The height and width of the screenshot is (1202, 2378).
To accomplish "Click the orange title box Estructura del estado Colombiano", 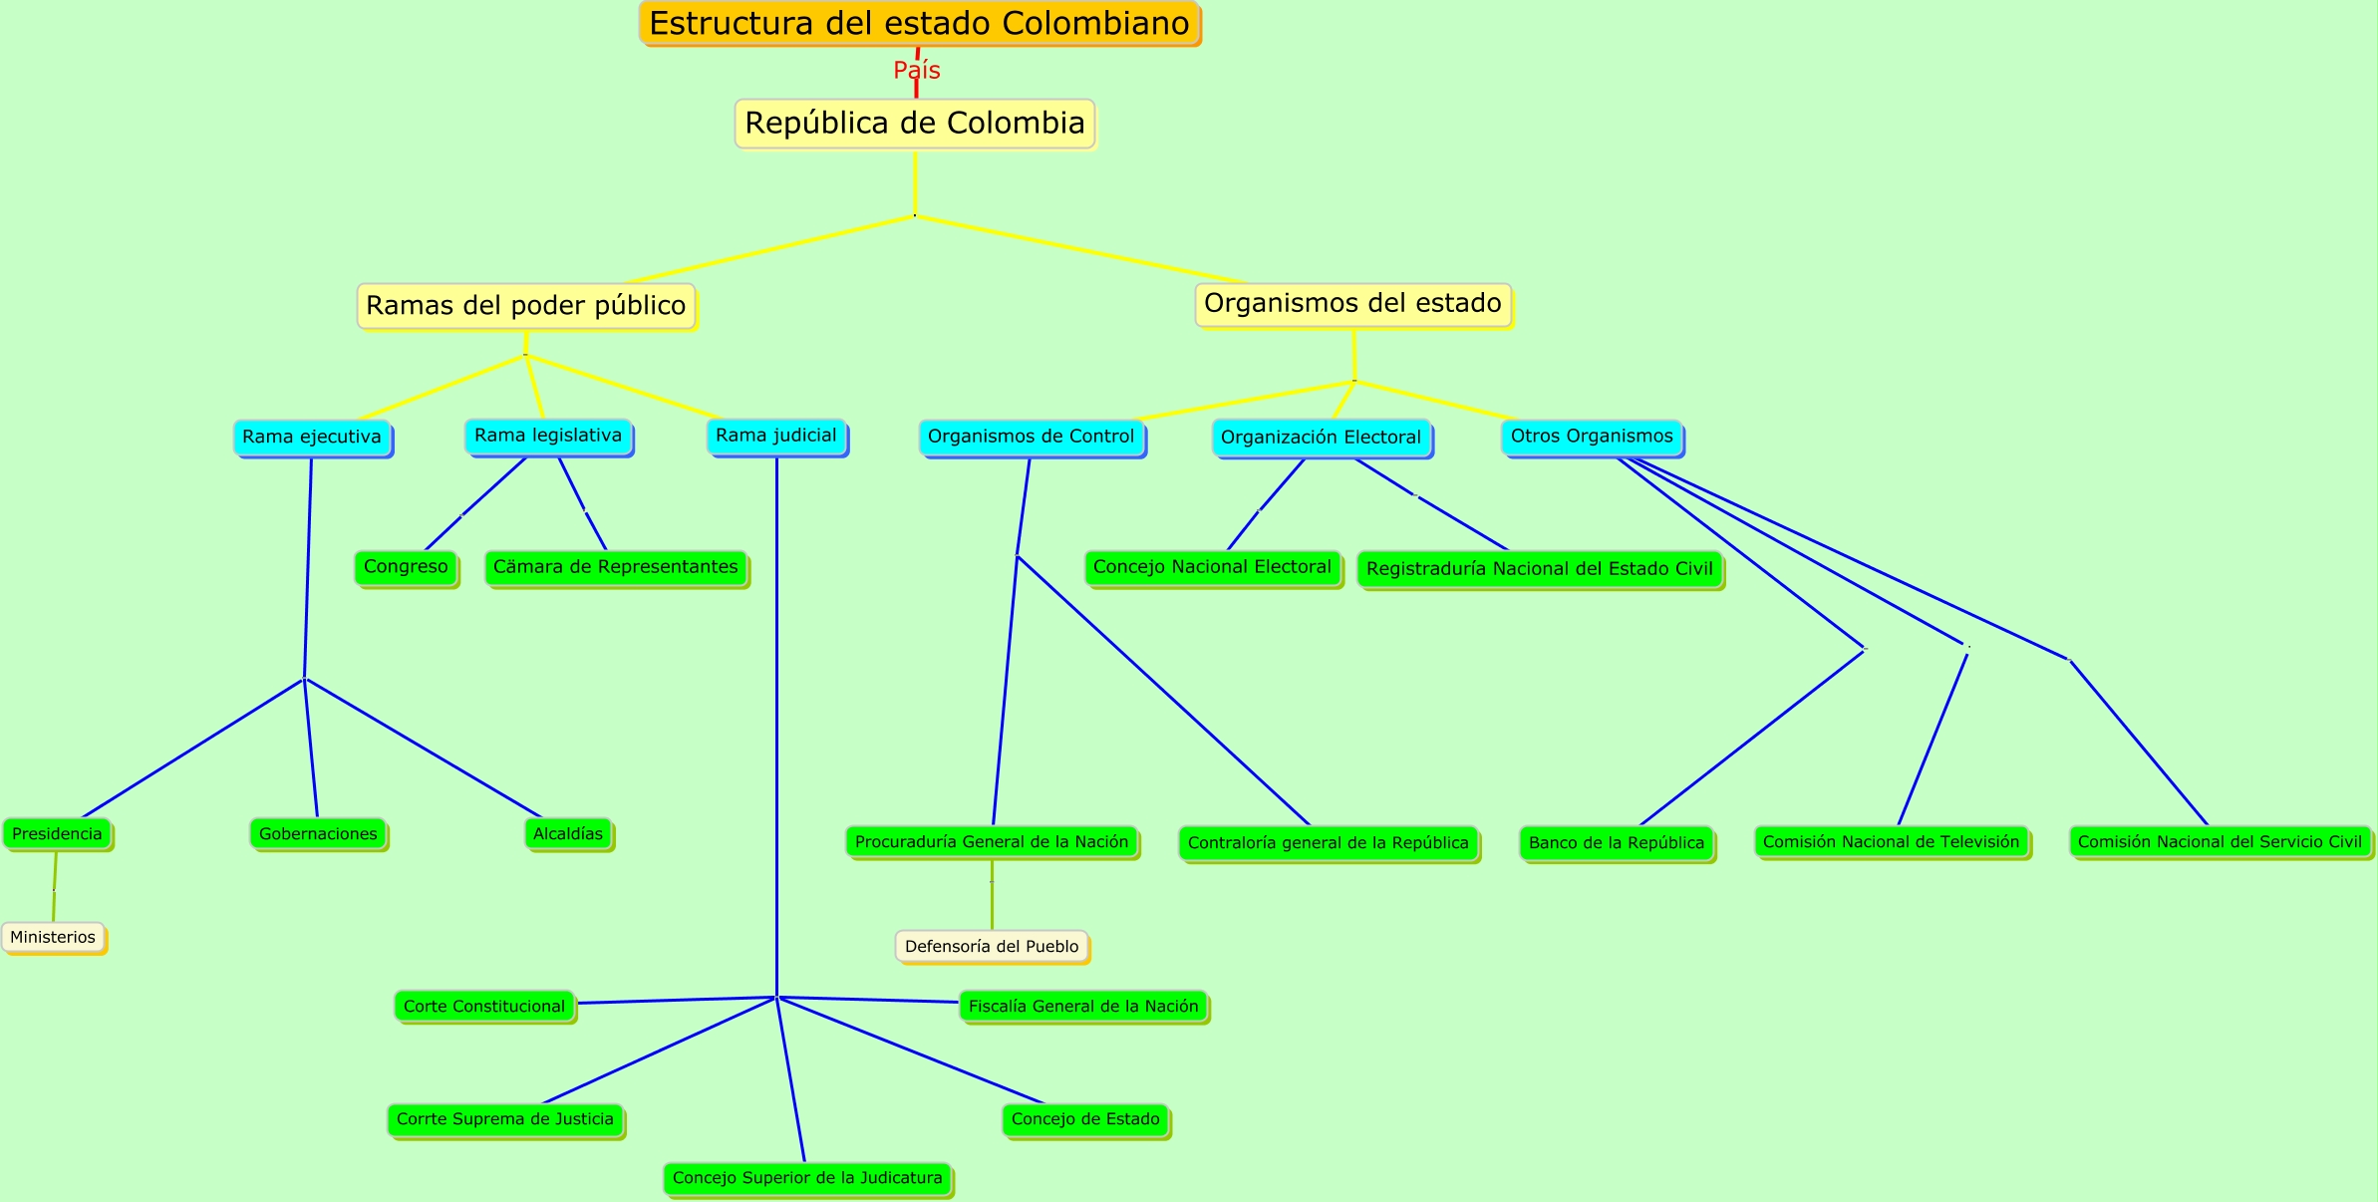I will coord(918,23).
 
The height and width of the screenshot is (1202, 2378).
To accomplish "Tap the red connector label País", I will coord(916,70).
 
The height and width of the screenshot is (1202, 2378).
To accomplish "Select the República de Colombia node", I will coord(915,124).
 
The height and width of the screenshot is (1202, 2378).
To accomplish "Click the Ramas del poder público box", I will coord(526,306).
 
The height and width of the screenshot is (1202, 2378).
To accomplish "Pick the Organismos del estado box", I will coord(1352,304).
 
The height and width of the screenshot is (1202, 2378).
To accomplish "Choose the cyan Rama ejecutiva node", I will coord(312,437).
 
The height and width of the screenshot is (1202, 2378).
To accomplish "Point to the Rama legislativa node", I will coord(548,436).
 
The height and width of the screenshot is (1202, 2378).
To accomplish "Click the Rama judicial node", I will coord(776,436).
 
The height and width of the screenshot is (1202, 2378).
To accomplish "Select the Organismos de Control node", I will coord(1031,437).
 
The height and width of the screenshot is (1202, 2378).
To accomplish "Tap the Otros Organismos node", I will coord(1592,437).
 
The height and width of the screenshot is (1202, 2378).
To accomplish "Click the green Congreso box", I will coord(406,567).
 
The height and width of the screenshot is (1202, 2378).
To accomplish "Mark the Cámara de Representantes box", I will coord(616,567).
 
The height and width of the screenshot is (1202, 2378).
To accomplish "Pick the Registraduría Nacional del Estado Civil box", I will coord(1540,569).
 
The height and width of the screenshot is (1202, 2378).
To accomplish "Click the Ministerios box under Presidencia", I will coord(53,937).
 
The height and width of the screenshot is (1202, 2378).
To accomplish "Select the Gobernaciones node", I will coord(318,834).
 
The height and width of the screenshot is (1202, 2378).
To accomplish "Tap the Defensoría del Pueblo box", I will coord(992,946).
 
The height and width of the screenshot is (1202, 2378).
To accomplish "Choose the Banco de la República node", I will coord(1616,843).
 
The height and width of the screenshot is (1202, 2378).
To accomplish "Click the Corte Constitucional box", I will coord(484,1007).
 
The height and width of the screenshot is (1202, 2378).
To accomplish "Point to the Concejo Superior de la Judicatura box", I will coord(807,1178).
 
